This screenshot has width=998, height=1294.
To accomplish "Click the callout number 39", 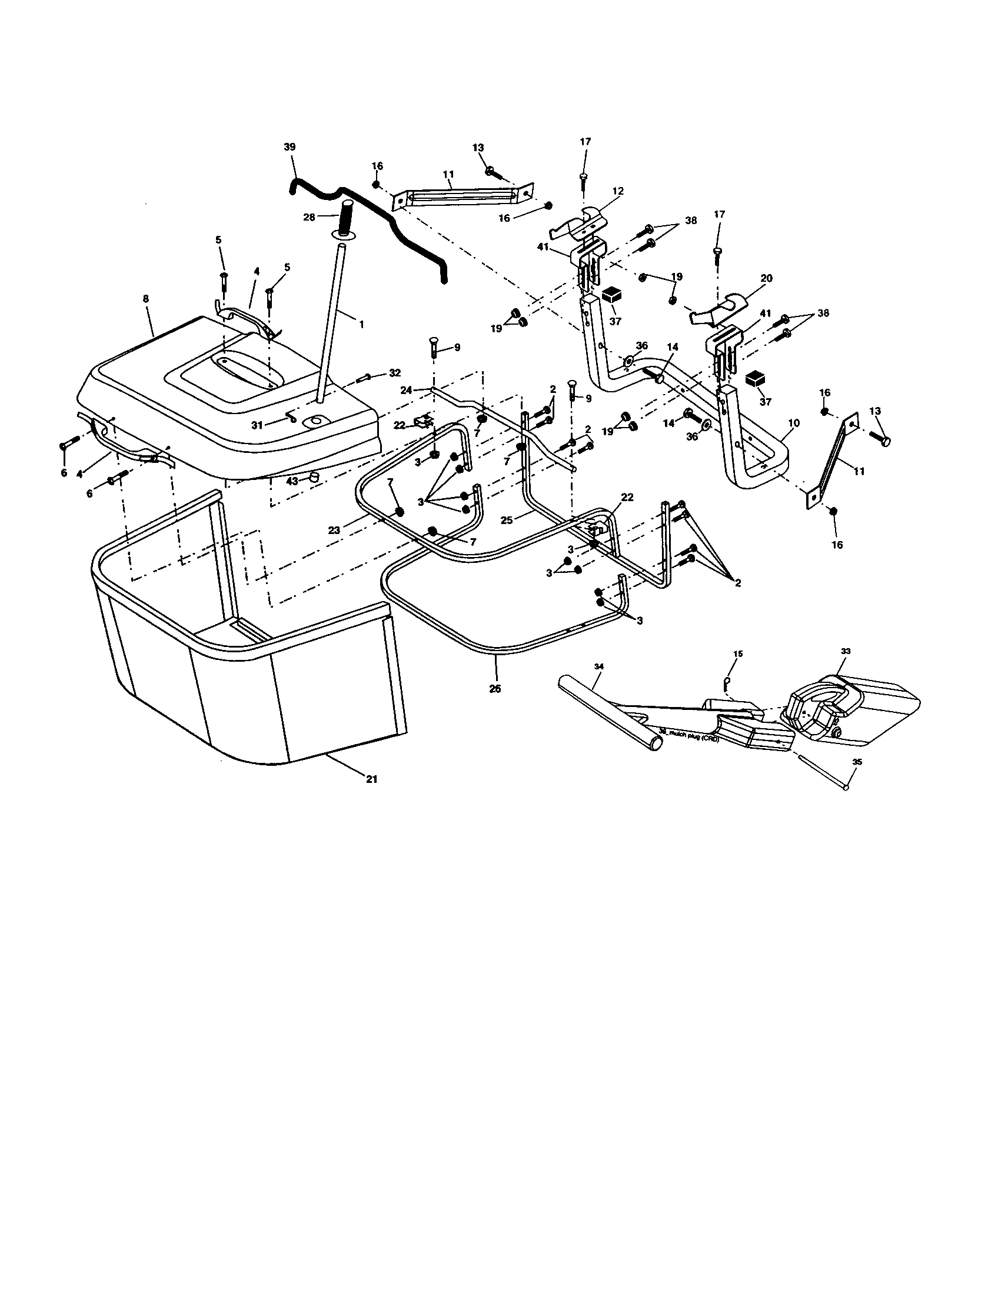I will [289, 147].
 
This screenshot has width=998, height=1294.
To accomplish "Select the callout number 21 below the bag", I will [371, 779].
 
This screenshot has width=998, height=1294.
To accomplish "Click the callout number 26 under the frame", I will [495, 689].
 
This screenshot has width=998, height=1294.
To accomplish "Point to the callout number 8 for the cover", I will [146, 300].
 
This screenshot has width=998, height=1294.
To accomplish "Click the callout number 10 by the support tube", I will [794, 423].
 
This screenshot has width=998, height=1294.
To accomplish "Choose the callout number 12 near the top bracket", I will [618, 191].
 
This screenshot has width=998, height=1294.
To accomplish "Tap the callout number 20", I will [766, 278].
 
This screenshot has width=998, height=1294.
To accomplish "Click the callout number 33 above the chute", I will [845, 651].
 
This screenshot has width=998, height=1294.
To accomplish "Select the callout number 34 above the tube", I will [599, 666].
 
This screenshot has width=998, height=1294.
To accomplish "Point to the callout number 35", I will [857, 762].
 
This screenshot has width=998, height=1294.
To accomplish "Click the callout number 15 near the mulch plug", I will [738, 653].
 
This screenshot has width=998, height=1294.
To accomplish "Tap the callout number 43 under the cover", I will [292, 482].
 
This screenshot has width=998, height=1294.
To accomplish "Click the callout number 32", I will [395, 373].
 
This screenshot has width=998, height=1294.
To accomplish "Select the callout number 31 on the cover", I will [257, 425].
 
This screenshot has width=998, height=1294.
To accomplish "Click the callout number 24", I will [406, 390].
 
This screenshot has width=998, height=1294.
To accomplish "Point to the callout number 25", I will [506, 519].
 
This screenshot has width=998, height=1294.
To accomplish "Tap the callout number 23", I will [334, 531].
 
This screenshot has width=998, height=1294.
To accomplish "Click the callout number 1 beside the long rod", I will [361, 324].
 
